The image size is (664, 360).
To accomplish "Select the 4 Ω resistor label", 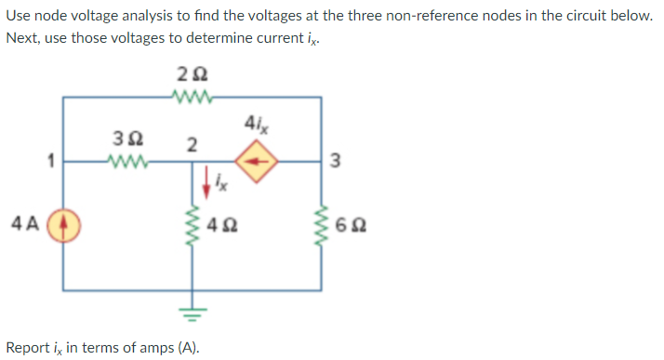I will click(222, 224).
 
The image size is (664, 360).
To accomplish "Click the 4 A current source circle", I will click(63, 224).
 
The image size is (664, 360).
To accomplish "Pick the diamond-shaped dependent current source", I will click(257, 162).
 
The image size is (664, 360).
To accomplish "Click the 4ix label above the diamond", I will click(256, 123).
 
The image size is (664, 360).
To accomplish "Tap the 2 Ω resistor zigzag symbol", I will click(193, 96).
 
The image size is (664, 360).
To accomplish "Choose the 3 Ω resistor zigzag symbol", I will click(126, 162).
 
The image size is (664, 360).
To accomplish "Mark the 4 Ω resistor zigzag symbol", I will click(193, 224).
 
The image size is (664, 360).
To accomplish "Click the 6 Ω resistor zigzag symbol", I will click(322, 224).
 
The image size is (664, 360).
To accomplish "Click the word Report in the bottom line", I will click(29, 348).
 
